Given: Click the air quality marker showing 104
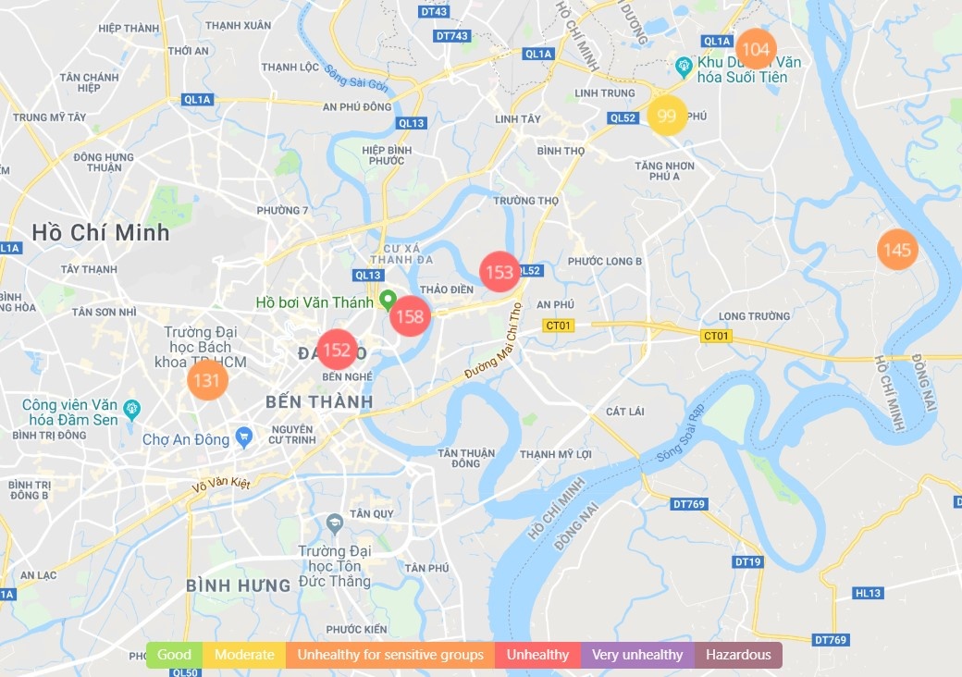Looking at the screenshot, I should click(756, 49).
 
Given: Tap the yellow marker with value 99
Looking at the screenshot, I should click(667, 116).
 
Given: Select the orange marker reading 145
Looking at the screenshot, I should click(896, 250).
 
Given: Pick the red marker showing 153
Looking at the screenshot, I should click(499, 272).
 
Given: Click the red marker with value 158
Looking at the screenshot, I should click(409, 317).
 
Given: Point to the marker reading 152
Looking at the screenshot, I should click(337, 350).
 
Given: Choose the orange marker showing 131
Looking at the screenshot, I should click(206, 380).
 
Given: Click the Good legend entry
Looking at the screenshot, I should click(174, 655).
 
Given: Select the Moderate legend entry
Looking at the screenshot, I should click(244, 655).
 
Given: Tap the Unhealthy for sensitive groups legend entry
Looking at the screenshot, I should click(390, 655).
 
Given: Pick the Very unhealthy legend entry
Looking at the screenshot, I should click(637, 655).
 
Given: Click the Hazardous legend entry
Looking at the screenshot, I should click(738, 655).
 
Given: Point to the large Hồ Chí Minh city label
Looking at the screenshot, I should click(100, 232).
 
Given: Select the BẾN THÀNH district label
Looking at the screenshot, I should click(319, 401).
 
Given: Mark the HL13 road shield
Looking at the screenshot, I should click(869, 593).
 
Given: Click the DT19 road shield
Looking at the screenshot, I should click(746, 561).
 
